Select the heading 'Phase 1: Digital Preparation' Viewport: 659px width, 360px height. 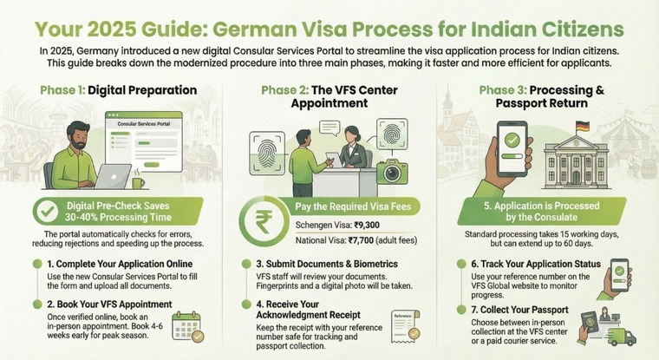point(118,89)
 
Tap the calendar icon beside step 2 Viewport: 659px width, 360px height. point(187,326)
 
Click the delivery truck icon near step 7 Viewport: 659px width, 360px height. point(627,335)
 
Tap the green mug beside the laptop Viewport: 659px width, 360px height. point(138,182)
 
